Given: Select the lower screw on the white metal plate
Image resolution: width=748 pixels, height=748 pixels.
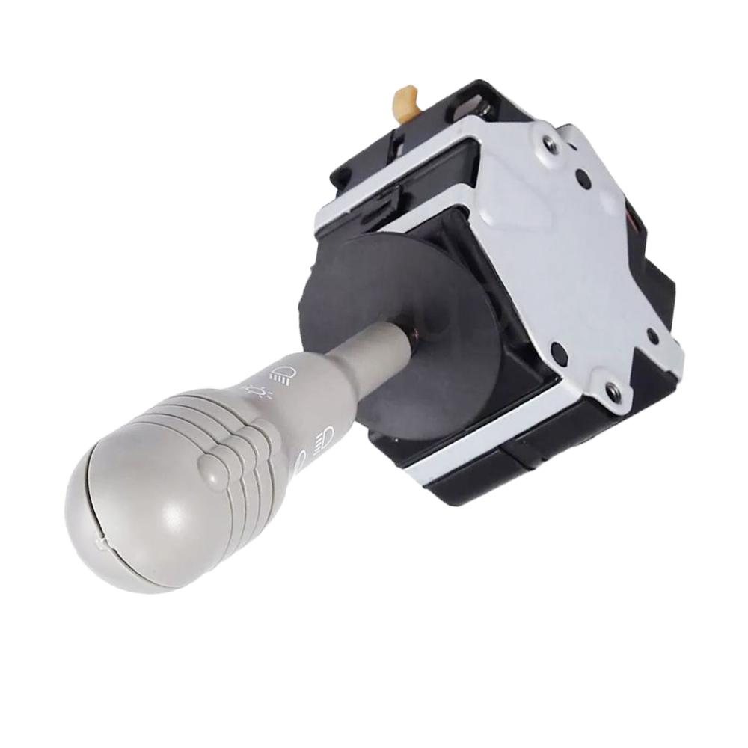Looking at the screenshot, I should point(612,389).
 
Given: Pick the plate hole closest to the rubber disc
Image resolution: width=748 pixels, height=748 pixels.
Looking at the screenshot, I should point(557,349).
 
